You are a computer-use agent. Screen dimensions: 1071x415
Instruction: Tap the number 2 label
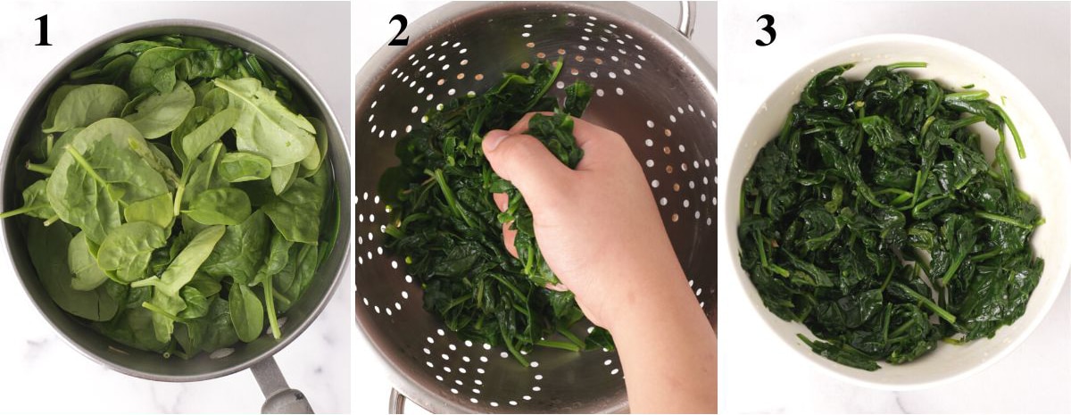click(x=398, y=31)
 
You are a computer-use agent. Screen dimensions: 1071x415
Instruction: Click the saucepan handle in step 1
click(x=280, y=388)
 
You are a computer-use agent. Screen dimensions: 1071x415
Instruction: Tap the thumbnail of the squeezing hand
click(x=496, y=140)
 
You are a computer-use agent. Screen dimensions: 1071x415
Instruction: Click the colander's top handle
click(x=686, y=18)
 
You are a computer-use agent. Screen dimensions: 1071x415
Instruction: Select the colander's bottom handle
click(x=398, y=403)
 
